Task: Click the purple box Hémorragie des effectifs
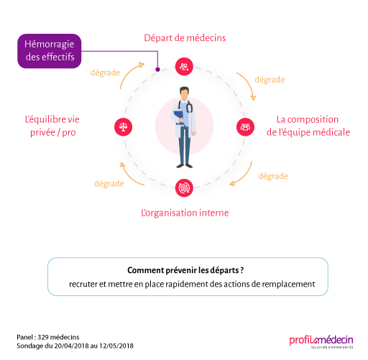(x=50, y=51)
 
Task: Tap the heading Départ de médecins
(x=185, y=38)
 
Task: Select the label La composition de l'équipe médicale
(x=308, y=126)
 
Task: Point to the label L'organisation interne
(x=185, y=213)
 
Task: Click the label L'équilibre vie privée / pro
(x=52, y=126)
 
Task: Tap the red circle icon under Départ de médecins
(x=184, y=67)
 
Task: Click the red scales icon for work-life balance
(x=123, y=127)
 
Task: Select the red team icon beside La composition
(x=245, y=127)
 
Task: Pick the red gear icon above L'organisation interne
(x=184, y=188)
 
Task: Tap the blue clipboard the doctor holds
(x=178, y=117)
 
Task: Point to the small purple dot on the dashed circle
(x=157, y=70)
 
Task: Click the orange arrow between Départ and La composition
(x=249, y=84)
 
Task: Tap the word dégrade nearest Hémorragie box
(x=105, y=73)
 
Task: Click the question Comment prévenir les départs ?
(x=185, y=270)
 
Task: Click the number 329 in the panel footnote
(x=43, y=337)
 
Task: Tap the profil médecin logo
(x=321, y=341)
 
